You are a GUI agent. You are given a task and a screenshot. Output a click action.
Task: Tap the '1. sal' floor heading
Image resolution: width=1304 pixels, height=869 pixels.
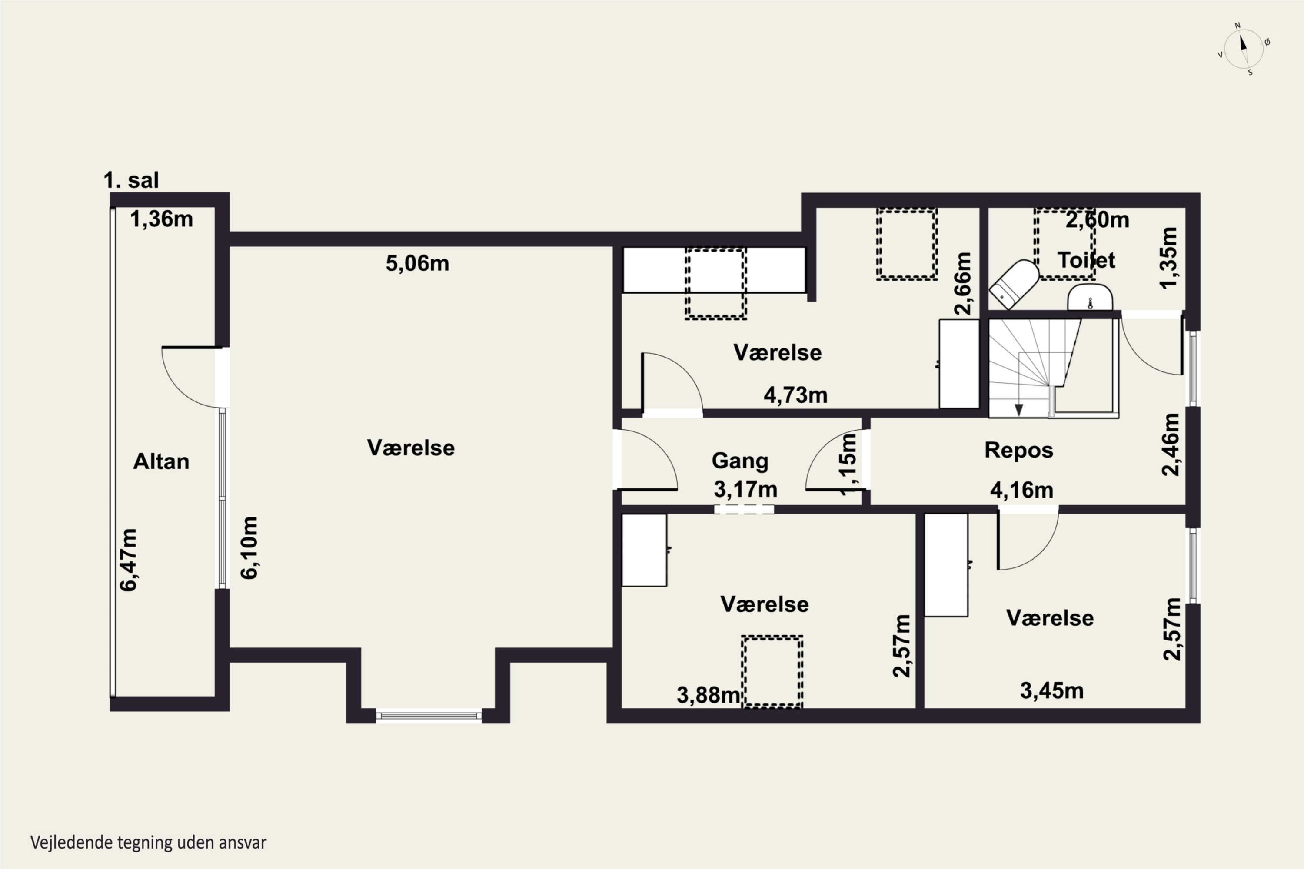(x=131, y=180)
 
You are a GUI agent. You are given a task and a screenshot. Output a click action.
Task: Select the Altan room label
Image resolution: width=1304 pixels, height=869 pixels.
(x=161, y=461)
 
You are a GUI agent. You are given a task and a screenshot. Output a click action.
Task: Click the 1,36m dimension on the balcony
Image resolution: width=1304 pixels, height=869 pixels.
(x=161, y=219)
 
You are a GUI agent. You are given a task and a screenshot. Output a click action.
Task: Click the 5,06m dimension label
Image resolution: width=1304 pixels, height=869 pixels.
(x=417, y=263)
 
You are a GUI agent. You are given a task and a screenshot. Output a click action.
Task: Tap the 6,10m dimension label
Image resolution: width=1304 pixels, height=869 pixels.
(x=249, y=547)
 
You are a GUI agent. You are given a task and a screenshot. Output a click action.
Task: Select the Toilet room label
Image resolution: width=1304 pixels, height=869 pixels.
(x=1086, y=260)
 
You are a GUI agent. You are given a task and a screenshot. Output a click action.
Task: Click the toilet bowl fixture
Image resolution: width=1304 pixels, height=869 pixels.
(x=1014, y=284)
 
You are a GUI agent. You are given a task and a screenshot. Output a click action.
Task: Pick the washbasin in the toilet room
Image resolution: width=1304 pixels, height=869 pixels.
(x=1090, y=298)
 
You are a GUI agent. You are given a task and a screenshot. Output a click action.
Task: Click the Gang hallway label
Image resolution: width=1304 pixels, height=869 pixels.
(x=740, y=461)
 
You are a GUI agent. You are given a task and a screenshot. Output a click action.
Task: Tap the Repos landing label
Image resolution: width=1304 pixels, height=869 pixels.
(x=1019, y=450)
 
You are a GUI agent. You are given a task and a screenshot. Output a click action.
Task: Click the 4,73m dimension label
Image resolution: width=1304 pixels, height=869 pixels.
(x=795, y=395)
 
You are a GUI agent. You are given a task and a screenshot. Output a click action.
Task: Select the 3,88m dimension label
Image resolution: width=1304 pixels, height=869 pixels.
(x=709, y=695)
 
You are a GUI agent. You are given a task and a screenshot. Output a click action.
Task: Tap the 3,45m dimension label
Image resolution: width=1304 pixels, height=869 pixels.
(x=1052, y=690)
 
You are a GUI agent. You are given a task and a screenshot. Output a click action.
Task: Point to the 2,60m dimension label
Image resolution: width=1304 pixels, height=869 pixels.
(x=1097, y=220)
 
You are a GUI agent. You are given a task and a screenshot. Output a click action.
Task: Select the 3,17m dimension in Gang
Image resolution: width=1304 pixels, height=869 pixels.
(x=746, y=489)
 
